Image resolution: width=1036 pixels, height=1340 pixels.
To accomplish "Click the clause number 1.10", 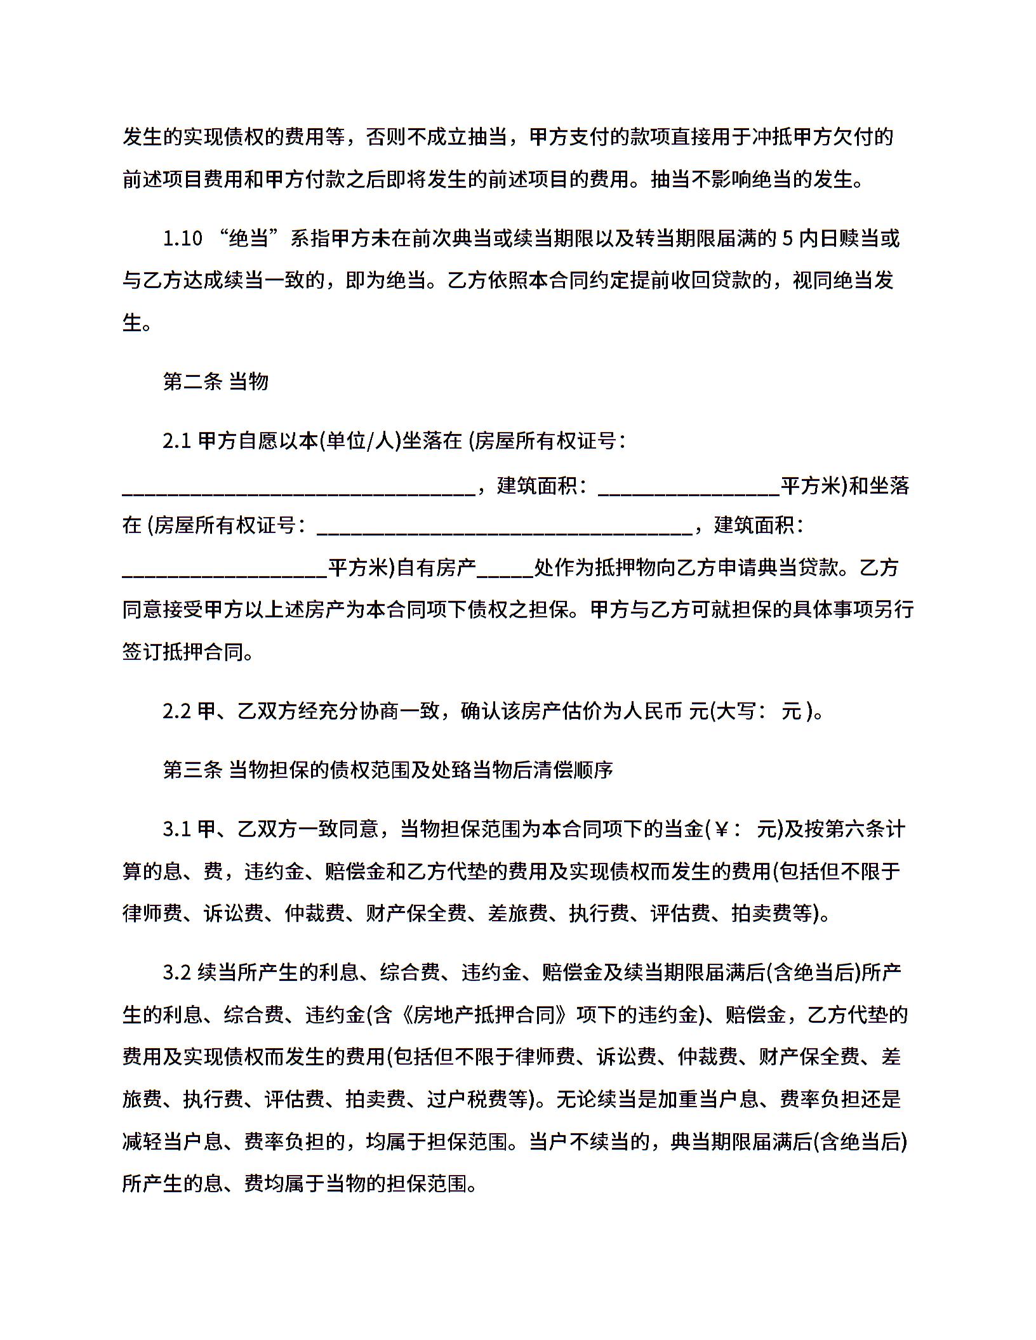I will (x=182, y=239).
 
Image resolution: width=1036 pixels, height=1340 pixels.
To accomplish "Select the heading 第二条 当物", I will (x=216, y=381).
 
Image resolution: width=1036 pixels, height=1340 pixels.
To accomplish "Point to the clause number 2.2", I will (x=177, y=711).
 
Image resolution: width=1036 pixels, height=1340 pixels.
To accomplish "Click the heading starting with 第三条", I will (x=388, y=770).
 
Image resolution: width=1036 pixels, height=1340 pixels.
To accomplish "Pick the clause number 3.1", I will (x=177, y=829).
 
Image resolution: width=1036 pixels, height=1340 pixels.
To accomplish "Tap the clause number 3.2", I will (x=177, y=973).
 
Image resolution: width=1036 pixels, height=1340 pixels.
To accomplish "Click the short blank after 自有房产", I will (x=505, y=568).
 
